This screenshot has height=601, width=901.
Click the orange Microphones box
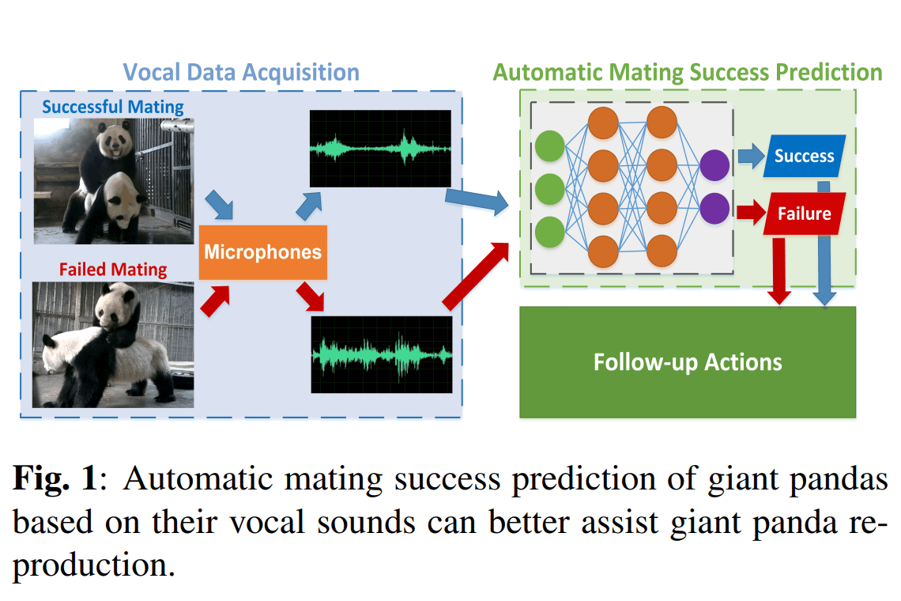click(x=262, y=252)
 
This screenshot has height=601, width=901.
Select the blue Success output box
click(x=804, y=156)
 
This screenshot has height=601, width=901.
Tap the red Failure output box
click(x=804, y=214)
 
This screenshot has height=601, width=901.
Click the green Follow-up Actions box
click(x=687, y=362)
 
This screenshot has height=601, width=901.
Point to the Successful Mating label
click(x=112, y=106)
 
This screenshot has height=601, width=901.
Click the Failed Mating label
click(x=112, y=269)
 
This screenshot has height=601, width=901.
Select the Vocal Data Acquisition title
click(x=241, y=73)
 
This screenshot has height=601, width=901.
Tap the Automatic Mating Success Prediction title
click(x=687, y=73)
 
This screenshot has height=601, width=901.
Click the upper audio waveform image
click(x=380, y=148)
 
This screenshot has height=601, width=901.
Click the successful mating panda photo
click(x=113, y=180)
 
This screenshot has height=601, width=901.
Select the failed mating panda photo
click(x=113, y=344)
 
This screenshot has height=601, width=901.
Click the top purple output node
click(x=714, y=164)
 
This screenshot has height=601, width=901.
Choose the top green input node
click(x=549, y=146)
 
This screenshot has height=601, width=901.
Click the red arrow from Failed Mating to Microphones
click(x=214, y=301)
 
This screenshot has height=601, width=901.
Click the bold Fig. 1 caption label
click(x=54, y=478)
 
